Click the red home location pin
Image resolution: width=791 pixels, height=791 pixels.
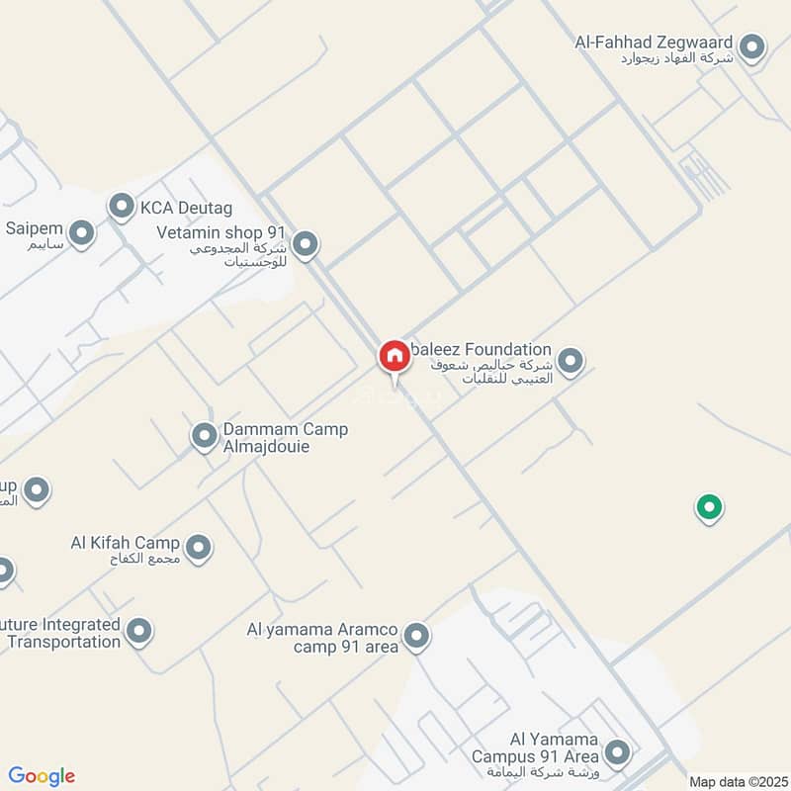pyautogui.click(x=394, y=356)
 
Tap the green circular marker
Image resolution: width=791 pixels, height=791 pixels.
pyautogui.click(x=708, y=508)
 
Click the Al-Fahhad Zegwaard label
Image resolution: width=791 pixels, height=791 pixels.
pyautogui.click(x=654, y=43)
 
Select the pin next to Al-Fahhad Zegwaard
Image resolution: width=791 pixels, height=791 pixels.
pyautogui.click(x=752, y=47)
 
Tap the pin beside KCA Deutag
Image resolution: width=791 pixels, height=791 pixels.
pyautogui.click(x=122, y=207)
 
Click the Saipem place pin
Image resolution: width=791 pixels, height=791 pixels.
pyautogui.click(x=81, y=233)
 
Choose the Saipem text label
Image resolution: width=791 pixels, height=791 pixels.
pyautogui.click(x=35, y=228)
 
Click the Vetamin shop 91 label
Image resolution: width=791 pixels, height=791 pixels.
pyautogui.click(x=221, y=231)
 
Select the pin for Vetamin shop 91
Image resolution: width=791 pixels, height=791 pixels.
pyautogui.click(x=306, y=242)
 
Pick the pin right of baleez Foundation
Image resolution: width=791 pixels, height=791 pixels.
pyautogui.click(x=570, y=361)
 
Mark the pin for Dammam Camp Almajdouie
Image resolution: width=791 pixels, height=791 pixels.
pyautogui.click(x=204, y=435)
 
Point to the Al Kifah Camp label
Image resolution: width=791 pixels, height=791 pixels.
pyautogui.click(x=126, y=543)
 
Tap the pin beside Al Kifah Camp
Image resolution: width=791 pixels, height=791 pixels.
pyautogui.click(x=199, y=547)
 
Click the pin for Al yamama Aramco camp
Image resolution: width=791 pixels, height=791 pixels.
pyautogui.click(x=417, y=636)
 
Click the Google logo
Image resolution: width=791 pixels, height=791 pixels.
pyautogui.click(x=42, y=776)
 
